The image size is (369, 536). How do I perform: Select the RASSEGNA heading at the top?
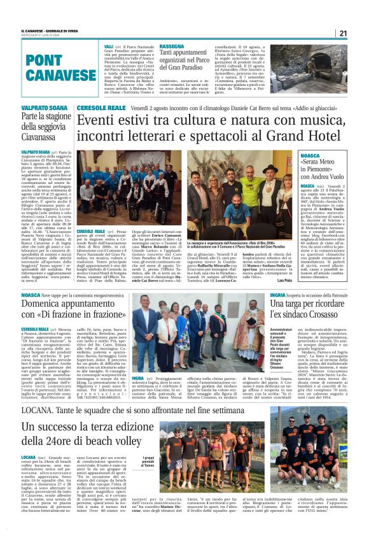[172, 46]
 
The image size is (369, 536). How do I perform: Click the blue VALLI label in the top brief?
[109, 46]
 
